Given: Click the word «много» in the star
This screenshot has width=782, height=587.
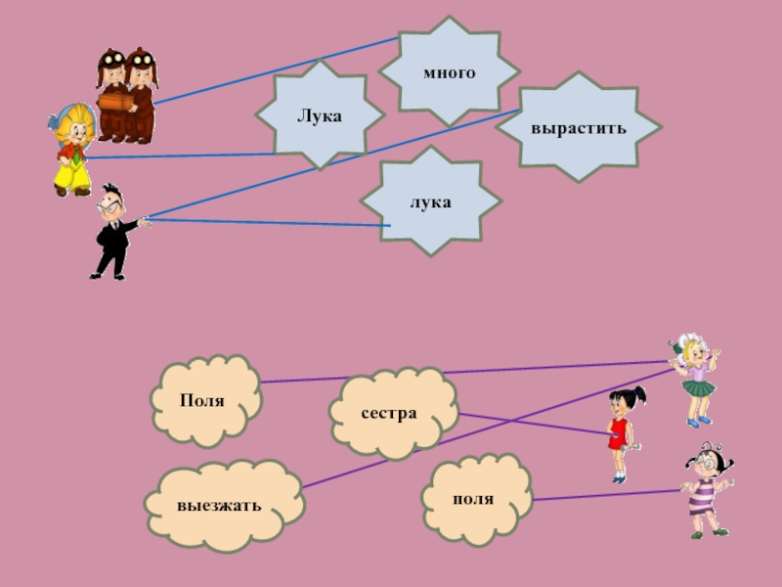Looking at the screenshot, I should (x=449, y=73).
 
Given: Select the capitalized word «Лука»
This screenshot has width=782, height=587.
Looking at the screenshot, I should (x=320, y=116).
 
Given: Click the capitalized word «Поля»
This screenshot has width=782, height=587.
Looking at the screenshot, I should (x=202, y=401).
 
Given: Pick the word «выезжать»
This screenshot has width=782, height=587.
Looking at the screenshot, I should (x=219, y=507).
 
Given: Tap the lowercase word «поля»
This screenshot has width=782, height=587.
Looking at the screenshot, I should (x=473, y=499).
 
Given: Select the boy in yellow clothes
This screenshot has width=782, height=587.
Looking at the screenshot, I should (x=72, y=152).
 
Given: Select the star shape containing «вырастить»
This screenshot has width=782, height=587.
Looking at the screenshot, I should (x=586, y=98).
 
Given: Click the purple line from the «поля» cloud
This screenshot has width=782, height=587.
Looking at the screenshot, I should (x=606, y=495).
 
